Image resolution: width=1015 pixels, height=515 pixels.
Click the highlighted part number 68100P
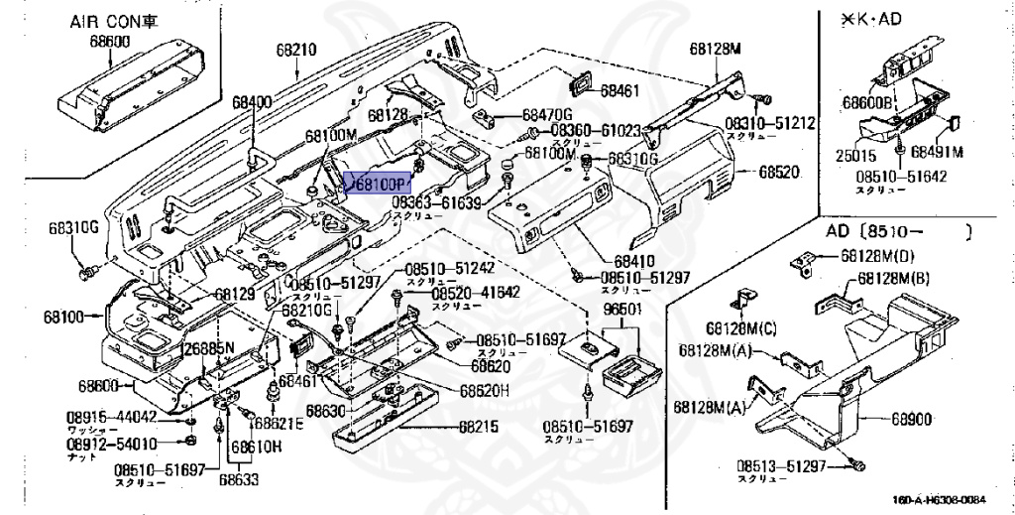(377, 185)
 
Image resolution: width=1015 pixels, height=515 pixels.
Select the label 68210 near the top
(294, 48)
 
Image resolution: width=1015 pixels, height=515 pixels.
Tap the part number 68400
(252, 102)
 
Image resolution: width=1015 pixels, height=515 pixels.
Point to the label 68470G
(548, 115)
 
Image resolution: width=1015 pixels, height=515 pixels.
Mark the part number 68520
(778, 172)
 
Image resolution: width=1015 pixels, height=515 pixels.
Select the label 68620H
(484, 389)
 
